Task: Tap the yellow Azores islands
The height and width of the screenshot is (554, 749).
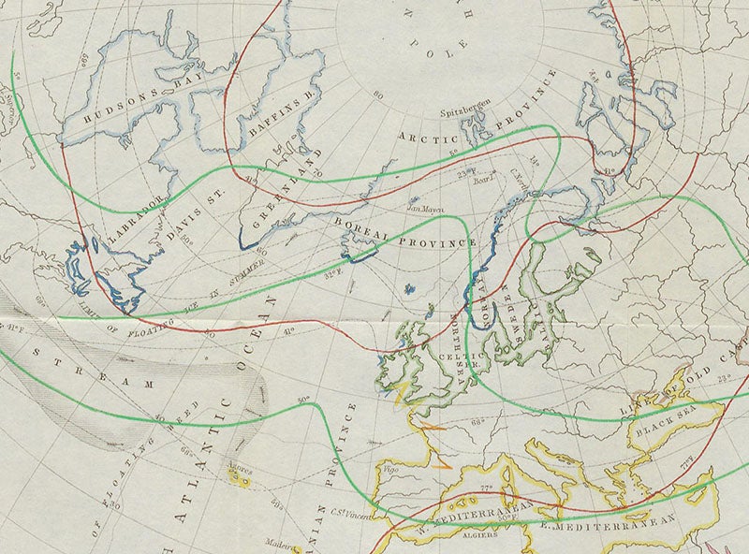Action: [242, 479]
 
